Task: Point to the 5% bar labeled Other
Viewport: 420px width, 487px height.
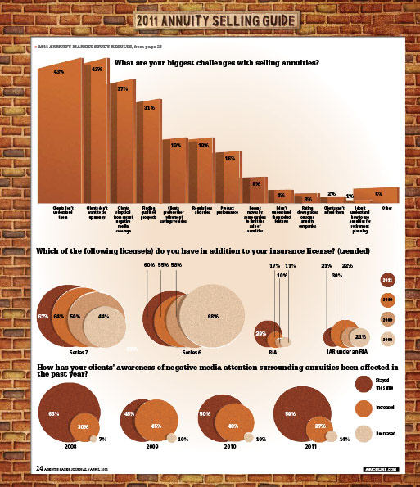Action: pyautogui.click(x=377, y=195)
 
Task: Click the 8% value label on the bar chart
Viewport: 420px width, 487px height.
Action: pyautogui.click(x=255, y=183)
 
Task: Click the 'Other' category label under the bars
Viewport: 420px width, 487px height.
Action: pyautogui.click(x=386, y=209)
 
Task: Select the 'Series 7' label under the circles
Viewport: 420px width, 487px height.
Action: pyautogui.click(x=79, y=352)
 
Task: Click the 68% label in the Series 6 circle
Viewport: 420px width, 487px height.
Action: pyautogui.click(x=213, y=316)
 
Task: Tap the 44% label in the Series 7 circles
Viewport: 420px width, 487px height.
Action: pyautogui.click(x=104, y=316)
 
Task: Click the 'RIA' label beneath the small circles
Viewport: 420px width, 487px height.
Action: pyautogui.click(x=273, y=352)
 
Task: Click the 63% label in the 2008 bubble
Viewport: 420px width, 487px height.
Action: pyautogui.click(x=54, y=413)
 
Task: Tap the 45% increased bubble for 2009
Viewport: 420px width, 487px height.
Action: pyautogui.click(x=155, y=426)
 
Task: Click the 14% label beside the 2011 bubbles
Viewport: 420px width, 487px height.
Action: pyautogui.click(x=345, y=440)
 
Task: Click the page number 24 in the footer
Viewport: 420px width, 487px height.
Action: pyautogui.click(x=39, y=468)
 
